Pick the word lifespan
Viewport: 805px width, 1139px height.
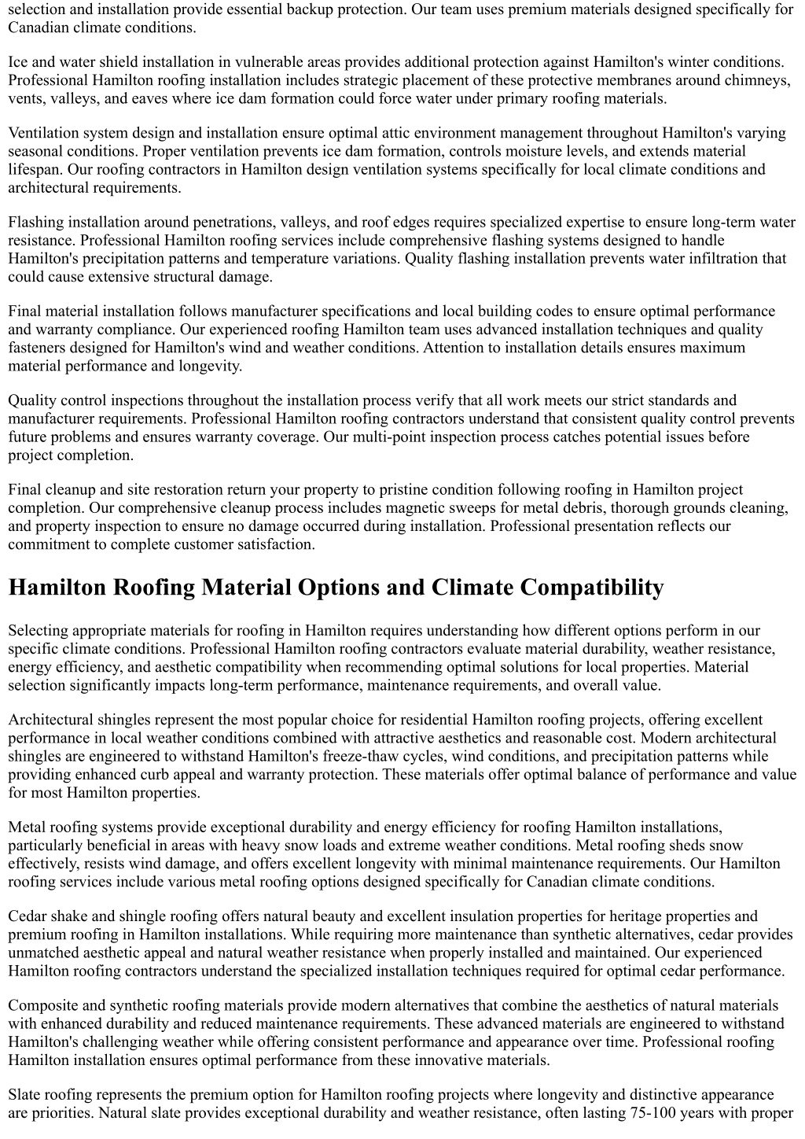pos(35,169)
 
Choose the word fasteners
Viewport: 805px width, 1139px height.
pos(40,348)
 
